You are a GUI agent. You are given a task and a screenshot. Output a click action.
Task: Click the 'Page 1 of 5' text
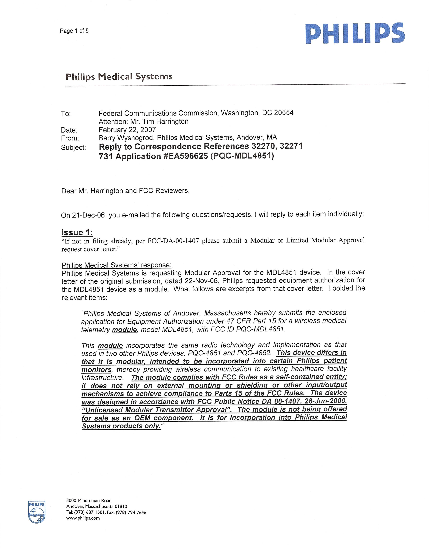click(x=74, y=31)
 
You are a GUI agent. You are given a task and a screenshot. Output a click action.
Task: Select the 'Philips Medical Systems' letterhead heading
click(x=119, y=77)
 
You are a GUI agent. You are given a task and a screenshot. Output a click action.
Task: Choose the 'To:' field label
click(x=66, y=114)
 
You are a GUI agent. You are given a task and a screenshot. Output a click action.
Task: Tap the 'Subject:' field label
click(x=73, y=147)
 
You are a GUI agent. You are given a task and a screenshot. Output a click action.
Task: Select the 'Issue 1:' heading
click(x=77, y=232)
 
